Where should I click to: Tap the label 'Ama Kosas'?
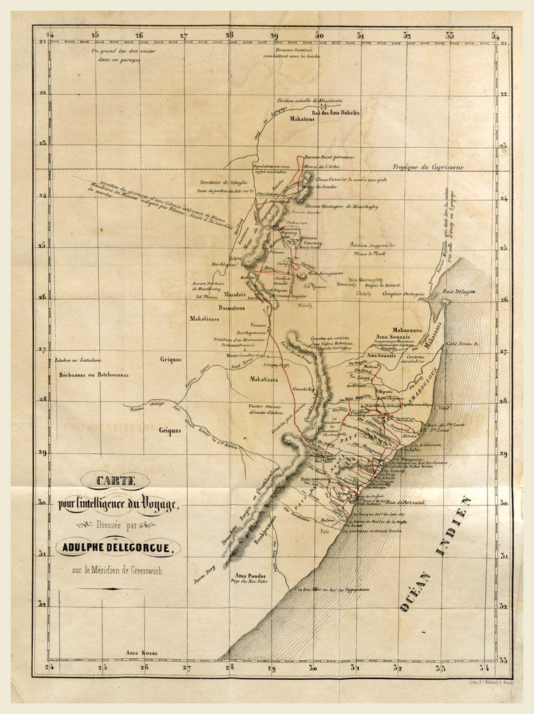pyautogui.click(x=142, y=653)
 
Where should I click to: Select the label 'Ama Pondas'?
pyautogui.click(x=249, y=575)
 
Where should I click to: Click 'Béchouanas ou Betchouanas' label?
pyautogui.click(x=93, y=374)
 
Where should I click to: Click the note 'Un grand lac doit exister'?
pyautogui.click(x=116, y=52)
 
